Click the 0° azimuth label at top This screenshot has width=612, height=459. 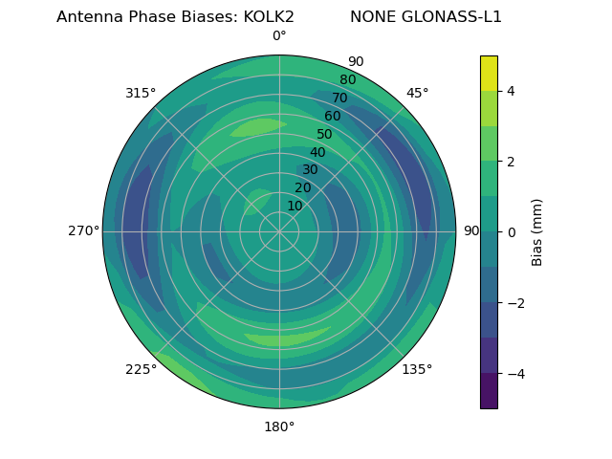click(x=279, y=36)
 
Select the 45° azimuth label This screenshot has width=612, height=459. click(x=417, y=93)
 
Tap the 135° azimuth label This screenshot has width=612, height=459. click(x=417, y=369)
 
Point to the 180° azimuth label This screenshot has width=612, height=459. click(x=279, y=426)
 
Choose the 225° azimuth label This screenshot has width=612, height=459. click(x=141, y=370)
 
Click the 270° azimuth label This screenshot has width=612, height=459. click(x=83, y=231)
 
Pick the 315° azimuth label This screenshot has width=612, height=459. click(x=141, y=93)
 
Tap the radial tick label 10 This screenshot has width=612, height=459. click(x=295, y=206)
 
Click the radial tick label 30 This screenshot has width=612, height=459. click(x=310, y=170)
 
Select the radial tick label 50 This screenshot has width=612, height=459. click(x=325, y=135)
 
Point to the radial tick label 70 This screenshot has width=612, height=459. click(x=340, y=98)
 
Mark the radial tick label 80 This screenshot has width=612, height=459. click(x=347, y=80)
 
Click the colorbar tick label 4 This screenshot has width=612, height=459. click(x=511, y=91)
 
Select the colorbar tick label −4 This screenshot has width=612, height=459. click(x=514, y=373)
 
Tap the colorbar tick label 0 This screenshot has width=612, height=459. click(x=511, y=231)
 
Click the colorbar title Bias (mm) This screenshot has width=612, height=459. click(x=537, y=231)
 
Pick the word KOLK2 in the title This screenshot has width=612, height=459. click(x=261, y=17)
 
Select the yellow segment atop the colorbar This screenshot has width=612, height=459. click(x=489, y=73)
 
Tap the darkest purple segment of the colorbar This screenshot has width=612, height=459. click(x=489, y=391)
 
